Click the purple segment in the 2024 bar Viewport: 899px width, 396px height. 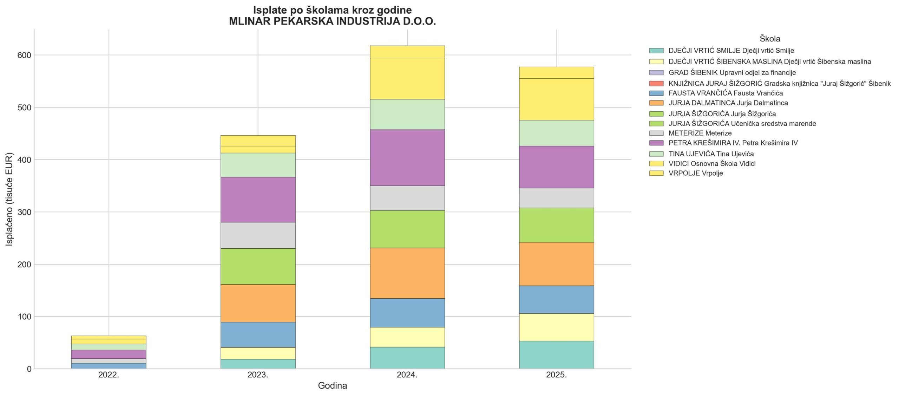407,157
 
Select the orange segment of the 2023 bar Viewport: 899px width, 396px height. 258,303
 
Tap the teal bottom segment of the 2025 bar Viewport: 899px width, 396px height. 556,355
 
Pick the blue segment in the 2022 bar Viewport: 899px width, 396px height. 109,366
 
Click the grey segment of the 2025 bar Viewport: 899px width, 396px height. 556,198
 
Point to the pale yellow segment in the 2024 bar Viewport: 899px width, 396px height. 407,337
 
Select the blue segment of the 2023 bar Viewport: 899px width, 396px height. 258,335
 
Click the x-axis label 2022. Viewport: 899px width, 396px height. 109,375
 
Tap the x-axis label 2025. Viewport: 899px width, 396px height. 556,375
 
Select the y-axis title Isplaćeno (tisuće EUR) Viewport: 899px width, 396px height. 9,199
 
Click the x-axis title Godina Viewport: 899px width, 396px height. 332,385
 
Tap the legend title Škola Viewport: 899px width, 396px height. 770,39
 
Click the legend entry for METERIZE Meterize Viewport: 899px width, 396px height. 700,133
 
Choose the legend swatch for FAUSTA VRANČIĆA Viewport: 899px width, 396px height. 656,93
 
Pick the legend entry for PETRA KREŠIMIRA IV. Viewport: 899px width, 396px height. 733,143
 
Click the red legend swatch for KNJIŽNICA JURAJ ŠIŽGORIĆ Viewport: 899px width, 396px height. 656,84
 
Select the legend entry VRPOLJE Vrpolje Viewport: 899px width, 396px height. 695,173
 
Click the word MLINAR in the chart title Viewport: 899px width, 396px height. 249,21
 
